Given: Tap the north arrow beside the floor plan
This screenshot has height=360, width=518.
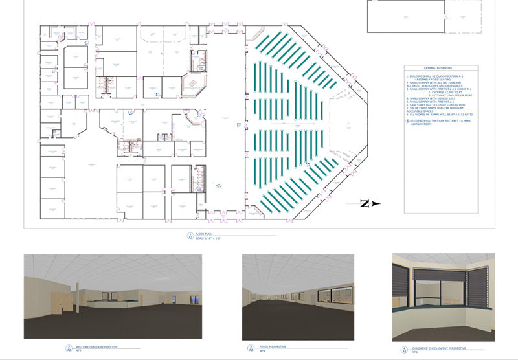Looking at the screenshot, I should pyautogui.click(x=366, y=204).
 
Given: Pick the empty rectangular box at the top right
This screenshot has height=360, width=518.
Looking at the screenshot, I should pyautogui.click(x=406, y=16).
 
